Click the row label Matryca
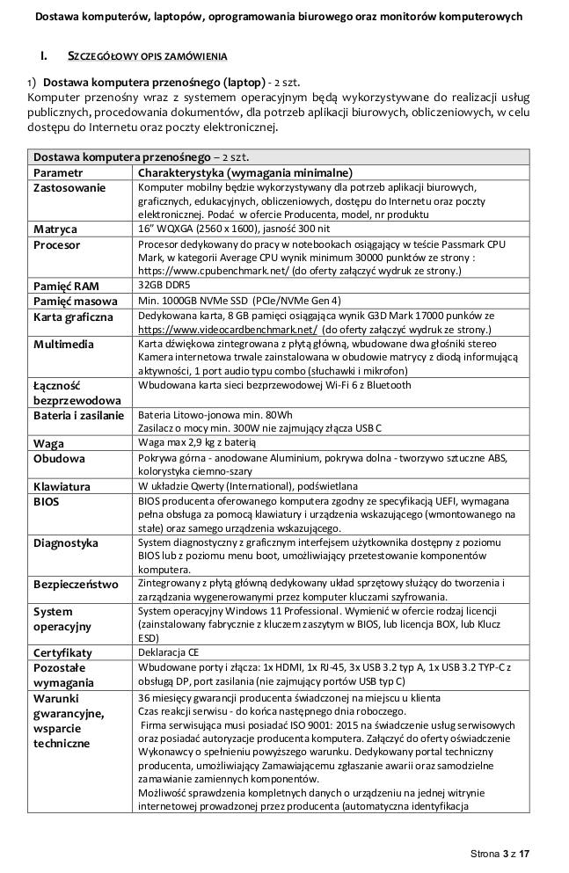(x=55, y=229)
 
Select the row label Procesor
(x=57, y=245)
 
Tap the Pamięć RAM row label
(x=66, y=287)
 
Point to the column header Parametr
(x=59, y=172)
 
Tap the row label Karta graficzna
(x=74, y=316)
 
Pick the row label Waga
(x=48, y=443)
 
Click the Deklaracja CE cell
(x=170, y=652)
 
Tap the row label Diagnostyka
(x=66, y=542)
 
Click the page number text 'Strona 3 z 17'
(x=500, y=854)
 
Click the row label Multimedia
(x=63, y=345)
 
